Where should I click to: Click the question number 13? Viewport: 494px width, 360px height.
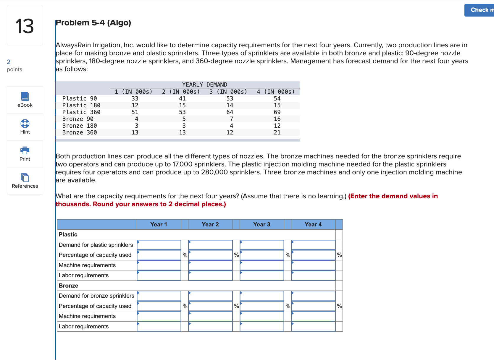point(25,26)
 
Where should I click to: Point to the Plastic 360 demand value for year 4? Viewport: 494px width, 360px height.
point(277,112)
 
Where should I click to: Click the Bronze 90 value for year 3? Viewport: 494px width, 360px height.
point(231,119)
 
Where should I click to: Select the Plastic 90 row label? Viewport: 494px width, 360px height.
point(80,98)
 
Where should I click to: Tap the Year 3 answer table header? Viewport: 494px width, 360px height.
point(262,224)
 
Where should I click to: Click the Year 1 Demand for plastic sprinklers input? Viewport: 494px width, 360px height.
point(159,245)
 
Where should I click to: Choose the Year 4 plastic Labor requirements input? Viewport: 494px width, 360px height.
point(313,275)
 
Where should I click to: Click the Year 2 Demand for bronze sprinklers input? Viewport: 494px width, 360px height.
point(210,296)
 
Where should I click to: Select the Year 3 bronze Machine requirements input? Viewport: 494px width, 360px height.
point(262,316)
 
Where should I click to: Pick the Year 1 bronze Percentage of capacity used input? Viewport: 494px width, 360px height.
point(159,306)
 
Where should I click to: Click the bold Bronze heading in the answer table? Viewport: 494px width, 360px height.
point(69,286)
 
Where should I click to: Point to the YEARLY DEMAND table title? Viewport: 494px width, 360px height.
point(205,85)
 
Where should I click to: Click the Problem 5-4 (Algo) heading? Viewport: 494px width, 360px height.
point(93,23)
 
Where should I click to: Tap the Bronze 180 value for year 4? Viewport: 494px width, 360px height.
point(277,126)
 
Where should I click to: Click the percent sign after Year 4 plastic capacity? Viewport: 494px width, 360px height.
point(339,255)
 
